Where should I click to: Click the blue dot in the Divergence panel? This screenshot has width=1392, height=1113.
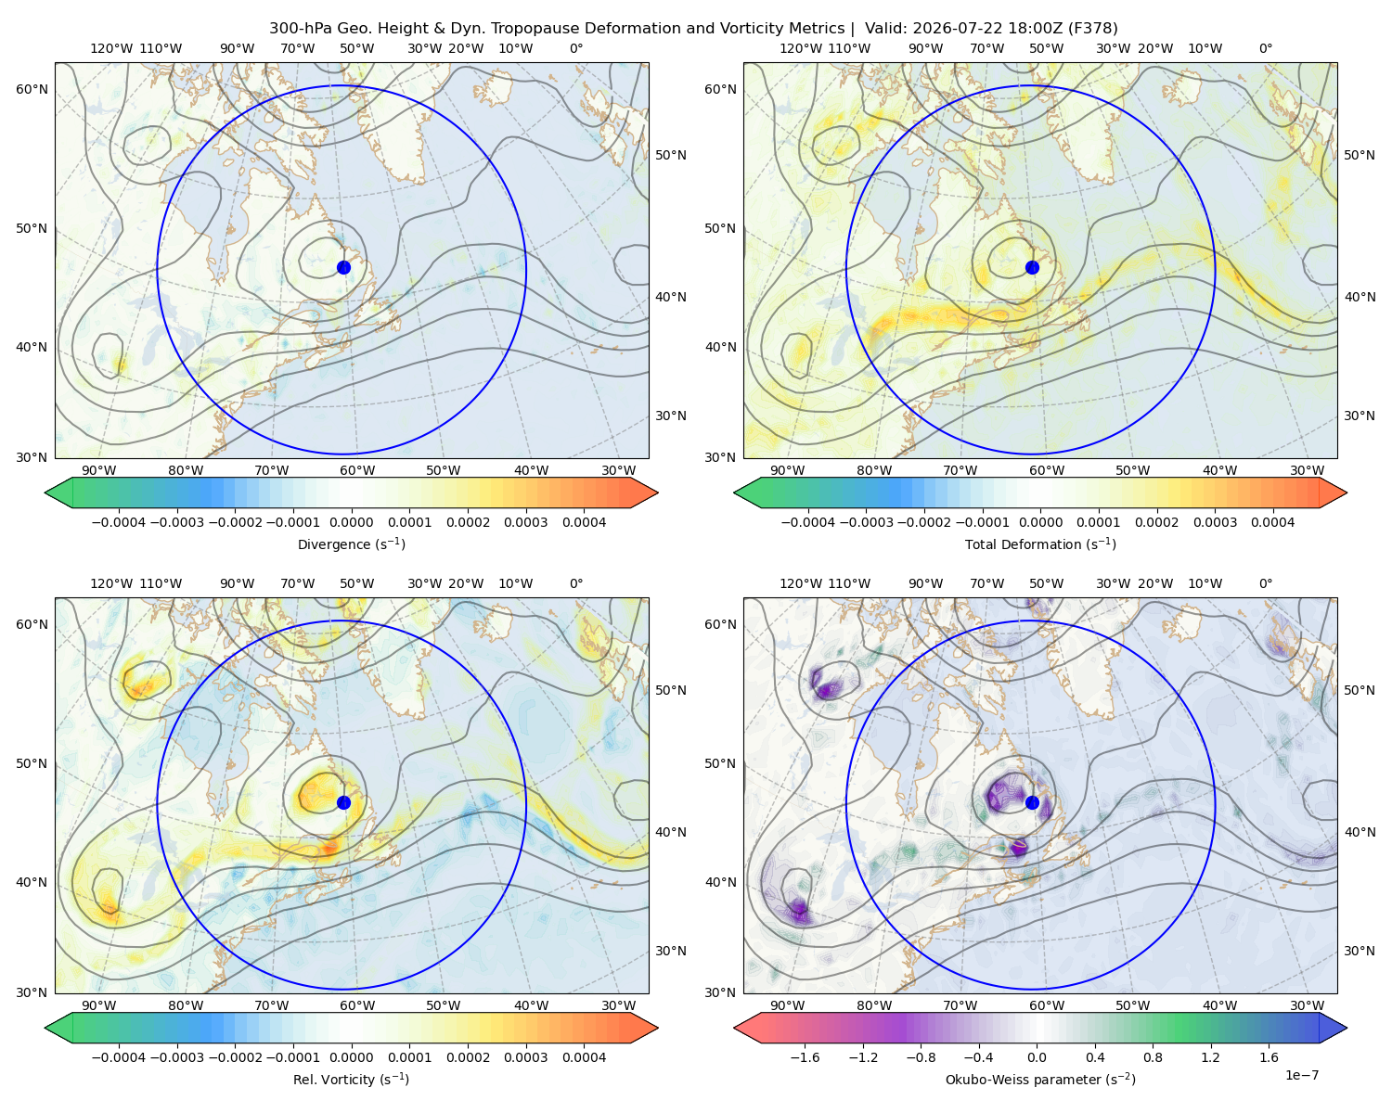[343, 268]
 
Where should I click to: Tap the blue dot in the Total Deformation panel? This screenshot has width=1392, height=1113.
[1032, 268]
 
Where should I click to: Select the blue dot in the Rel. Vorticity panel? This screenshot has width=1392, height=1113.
[343, 802]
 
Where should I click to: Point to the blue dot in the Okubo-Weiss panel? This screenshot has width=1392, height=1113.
[1032, 802]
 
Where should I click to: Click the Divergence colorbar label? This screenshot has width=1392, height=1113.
[351, 544]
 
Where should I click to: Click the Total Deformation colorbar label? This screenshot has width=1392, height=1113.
[1040, 544]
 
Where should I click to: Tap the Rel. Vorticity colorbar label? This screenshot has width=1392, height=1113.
[351, 1080]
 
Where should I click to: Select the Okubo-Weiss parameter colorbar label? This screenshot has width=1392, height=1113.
[1040, 1080]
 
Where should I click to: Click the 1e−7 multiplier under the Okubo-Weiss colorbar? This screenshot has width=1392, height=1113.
[1301, 1075]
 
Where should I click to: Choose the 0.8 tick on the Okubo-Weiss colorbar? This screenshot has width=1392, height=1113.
[1153, 1057]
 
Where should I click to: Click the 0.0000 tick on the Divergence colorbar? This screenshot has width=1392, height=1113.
[351, 522]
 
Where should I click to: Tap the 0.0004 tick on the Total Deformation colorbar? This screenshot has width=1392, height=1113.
[1272, 522]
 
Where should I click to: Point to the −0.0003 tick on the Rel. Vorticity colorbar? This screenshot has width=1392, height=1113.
[176, 1057]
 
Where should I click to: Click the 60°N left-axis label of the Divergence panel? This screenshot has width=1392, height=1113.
[32, 89]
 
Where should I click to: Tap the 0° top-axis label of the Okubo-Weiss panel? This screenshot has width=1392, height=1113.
[1265, 583]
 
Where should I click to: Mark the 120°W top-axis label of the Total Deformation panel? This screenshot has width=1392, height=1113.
[800, 48]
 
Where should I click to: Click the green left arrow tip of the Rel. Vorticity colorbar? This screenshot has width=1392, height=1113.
[45, 1028]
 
